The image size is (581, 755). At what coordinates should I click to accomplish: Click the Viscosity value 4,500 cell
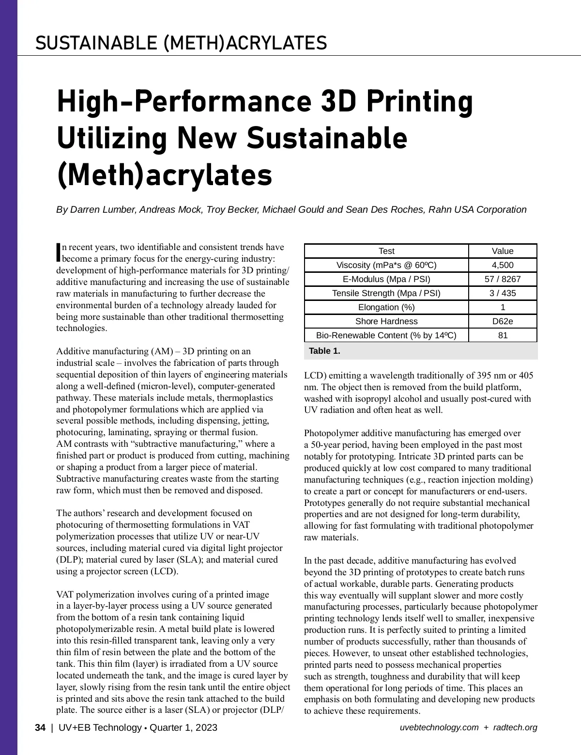point(503,265)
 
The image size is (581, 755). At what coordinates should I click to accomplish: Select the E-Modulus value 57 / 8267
point(503,279)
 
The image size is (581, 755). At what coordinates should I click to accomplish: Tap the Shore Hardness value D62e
point(503,321)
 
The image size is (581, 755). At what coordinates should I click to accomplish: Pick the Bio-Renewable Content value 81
point(503,335)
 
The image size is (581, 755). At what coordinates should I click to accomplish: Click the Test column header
point(386,251)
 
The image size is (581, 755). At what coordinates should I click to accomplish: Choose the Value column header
point(503,251)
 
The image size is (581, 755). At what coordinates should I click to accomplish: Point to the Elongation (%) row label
point(386,307)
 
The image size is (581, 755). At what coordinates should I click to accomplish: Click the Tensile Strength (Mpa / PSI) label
point(386,293)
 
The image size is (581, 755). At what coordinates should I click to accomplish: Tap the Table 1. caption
point(324,351)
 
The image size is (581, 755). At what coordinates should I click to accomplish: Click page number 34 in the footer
point(40,727)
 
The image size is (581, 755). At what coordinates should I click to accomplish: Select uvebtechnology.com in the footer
point(439,727)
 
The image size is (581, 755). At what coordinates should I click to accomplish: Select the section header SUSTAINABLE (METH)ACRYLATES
point(181,43)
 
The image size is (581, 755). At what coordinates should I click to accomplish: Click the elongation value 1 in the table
point(503,307)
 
